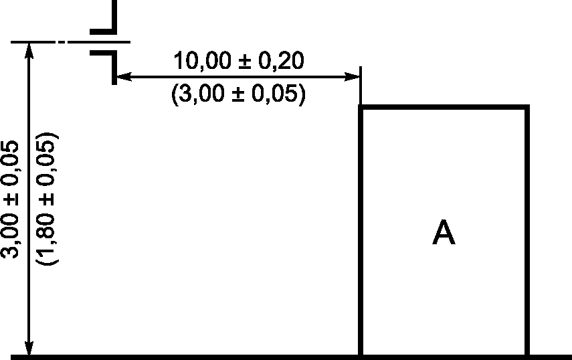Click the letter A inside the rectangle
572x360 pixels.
pyautogui.click(x=444, y=233)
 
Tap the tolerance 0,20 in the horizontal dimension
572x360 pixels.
pyautogui.click(x=282, y=62)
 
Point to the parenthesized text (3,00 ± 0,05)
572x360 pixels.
pyautogui.click(x=238, y=94)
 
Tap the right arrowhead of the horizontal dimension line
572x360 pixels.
pyautogui.click(x=355, y=78)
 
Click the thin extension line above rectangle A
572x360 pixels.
pyautogui.click(x=361, y=84)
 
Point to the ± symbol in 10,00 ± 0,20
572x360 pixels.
pyautogui.click(x=244, y=62)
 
